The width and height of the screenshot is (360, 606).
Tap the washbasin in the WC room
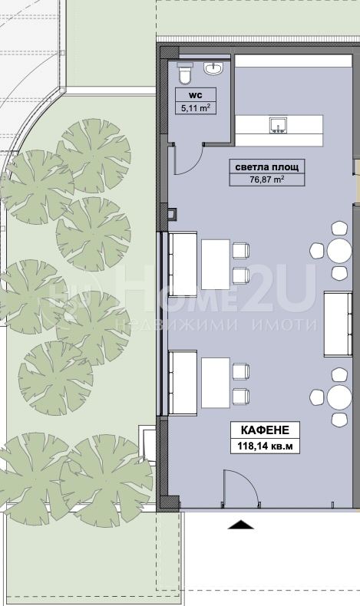(213, 68)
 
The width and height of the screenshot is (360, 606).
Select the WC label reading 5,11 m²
(196, 107)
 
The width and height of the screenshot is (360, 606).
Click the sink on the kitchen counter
(279, 125)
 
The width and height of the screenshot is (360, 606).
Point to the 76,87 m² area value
(267, 179)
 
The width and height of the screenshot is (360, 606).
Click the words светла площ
(267, 167)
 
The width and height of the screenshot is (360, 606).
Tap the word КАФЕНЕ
(265, 430)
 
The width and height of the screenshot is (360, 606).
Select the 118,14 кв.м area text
(265, 446)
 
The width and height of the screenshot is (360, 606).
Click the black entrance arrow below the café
(240, 525)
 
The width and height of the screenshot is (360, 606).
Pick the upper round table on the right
(339, 251)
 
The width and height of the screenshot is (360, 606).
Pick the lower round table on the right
(339, 397)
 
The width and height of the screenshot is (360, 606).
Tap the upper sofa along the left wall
(183, 264)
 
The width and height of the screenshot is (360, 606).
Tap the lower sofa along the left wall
(183, 383)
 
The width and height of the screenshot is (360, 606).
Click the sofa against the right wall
(338, 324)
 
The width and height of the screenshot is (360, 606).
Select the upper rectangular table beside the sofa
(216, 265)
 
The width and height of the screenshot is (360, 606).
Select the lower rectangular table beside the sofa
(216, 383)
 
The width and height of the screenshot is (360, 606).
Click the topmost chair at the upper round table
(339, 228)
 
